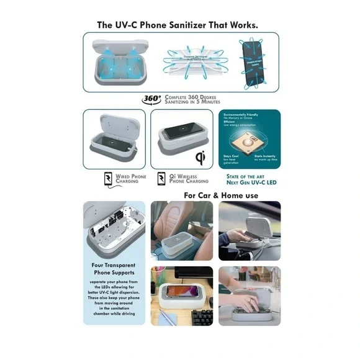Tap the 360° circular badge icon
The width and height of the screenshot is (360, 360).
[151, 98]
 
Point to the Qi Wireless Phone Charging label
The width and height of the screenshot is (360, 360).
[189, 178]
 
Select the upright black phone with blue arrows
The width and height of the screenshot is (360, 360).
[255, 63]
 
